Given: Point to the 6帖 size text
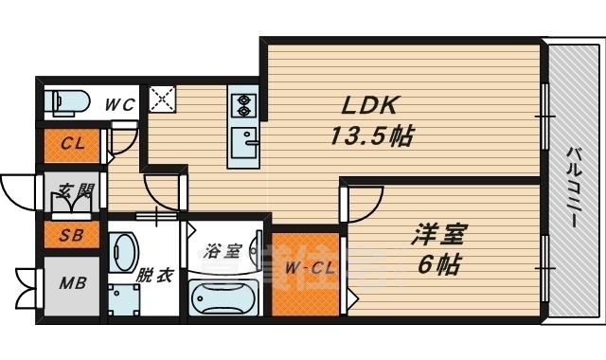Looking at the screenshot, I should (436, 264).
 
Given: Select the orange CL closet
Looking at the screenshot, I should (70, 144).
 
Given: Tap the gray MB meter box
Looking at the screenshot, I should (70, 282).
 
